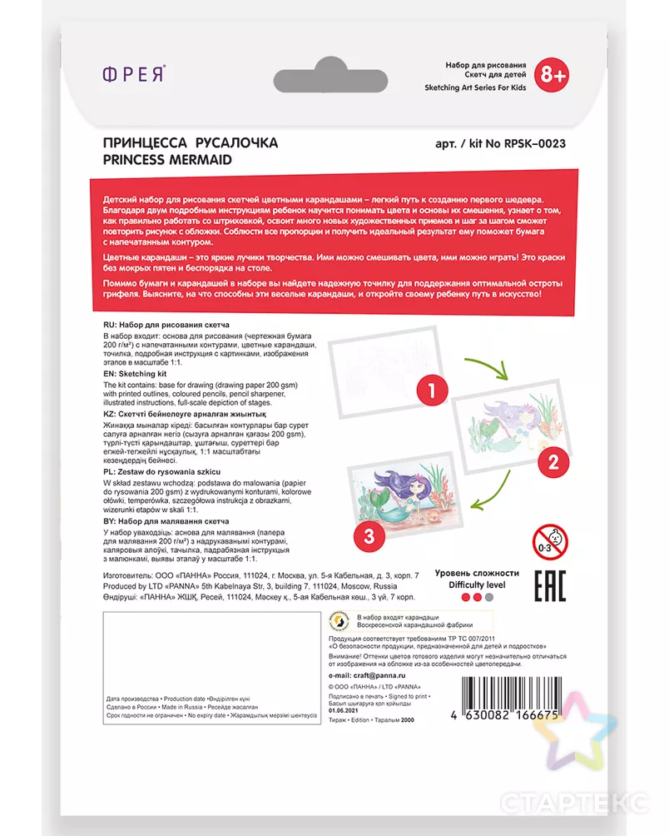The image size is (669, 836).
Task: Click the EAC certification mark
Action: click(x=549, y=586)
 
